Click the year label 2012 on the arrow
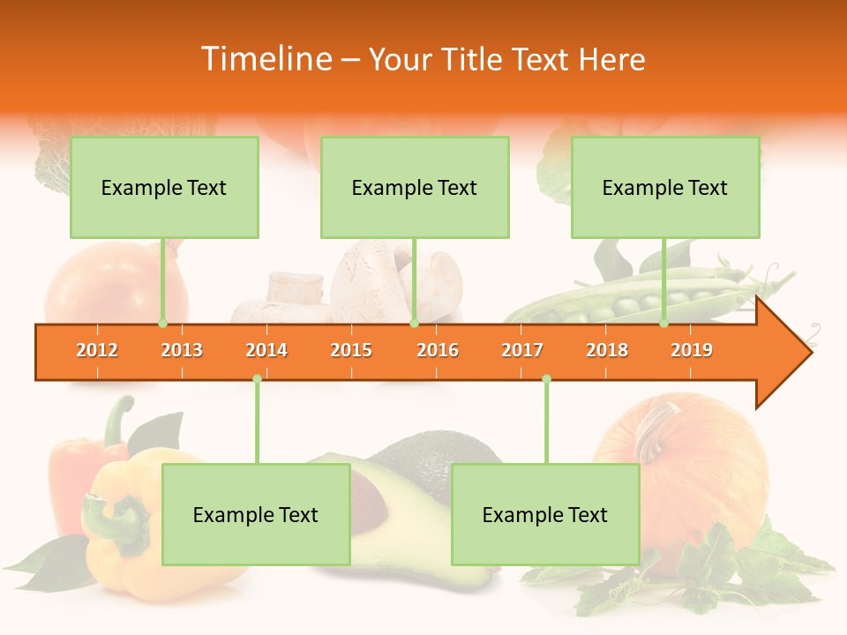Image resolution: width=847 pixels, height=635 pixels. (97, 350)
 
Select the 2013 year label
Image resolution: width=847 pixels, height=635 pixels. (182, 350)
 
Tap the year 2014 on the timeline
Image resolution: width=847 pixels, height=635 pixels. (266, 350)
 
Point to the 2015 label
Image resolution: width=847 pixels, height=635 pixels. (351, 350)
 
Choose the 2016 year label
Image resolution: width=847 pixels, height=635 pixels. (438, 350)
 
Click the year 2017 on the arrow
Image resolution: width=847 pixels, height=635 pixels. (522, 350)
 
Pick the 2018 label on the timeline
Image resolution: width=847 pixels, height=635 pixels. (607, 350)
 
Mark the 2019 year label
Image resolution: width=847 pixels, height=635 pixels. (692, 350)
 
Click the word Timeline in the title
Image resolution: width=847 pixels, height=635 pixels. (265, 59)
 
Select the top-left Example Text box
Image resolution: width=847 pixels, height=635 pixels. (164, 187)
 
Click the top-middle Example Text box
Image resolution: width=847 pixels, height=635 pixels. (415, 187)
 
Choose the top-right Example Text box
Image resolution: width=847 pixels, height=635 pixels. (665, 187)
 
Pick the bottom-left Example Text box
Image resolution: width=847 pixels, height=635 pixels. (256, 514)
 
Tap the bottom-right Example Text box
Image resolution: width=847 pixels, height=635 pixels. (545, 514)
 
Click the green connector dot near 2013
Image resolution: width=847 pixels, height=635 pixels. (162, 323)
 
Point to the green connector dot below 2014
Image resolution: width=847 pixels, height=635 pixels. (257, 379)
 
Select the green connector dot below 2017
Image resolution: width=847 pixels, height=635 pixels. (546, 379)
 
